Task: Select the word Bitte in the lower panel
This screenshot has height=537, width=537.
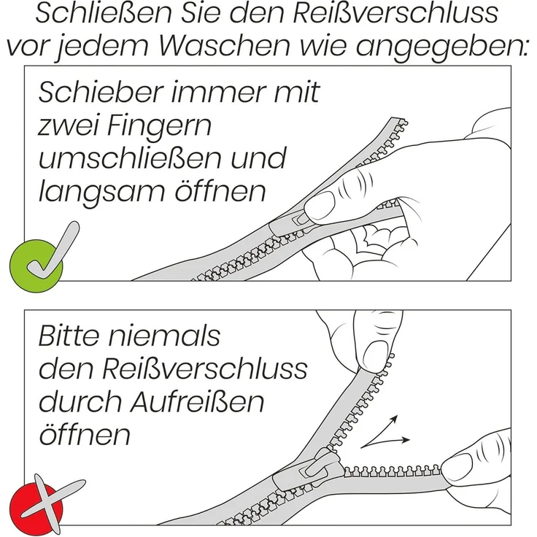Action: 73,337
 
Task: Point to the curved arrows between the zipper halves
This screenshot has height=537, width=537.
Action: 387,432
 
